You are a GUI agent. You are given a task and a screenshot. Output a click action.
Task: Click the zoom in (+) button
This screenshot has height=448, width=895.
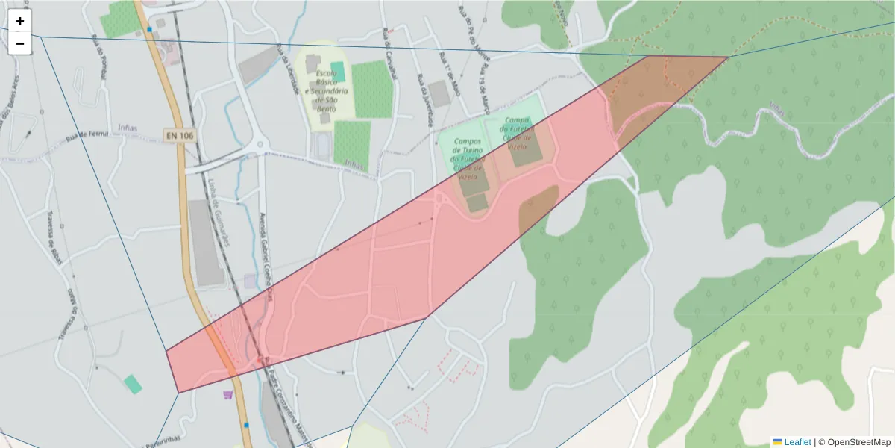[20, 21]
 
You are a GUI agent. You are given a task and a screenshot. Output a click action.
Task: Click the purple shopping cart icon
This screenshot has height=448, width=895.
[227, 395]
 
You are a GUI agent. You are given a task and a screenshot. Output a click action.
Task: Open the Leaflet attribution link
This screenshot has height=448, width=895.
[797, 442]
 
